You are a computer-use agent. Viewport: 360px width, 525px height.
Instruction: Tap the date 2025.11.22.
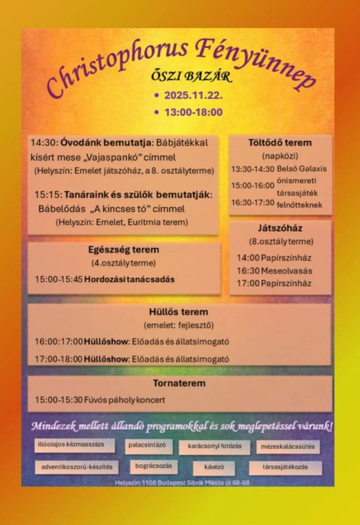click(x=193, y=95)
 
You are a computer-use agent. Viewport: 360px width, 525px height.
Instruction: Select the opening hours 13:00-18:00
click(x=193, y=112)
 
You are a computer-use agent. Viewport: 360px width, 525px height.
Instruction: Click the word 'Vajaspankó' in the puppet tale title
click(x=114, y=157)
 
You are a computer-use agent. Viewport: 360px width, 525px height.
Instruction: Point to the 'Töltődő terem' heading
click(x=280, y=143)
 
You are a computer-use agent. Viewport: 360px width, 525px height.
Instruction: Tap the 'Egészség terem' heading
click(x=124, y=250)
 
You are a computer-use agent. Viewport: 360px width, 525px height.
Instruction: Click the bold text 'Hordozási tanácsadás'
click(x=129, y=279)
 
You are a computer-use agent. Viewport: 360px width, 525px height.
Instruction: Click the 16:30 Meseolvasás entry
click(x=274, y=271)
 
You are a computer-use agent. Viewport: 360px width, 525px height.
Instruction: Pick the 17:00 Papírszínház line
click(x=274, y=284)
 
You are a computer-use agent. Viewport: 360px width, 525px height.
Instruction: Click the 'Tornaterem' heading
click(x=179, y=383)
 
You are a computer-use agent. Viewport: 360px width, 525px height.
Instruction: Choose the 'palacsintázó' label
click(x=149, y=445)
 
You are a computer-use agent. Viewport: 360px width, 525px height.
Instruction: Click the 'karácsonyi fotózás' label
click(x=214, y=446)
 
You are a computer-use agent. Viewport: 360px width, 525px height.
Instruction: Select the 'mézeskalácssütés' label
click(x=288, y=446)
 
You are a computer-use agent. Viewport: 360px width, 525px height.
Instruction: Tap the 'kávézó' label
click(x=214, y=468)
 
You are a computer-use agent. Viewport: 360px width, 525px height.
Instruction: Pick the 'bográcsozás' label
click(x=154, y=467)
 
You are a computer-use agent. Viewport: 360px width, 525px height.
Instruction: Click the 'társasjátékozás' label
click(x=286, y=468)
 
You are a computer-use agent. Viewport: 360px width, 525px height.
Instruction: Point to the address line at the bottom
click(x=183, y=483)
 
